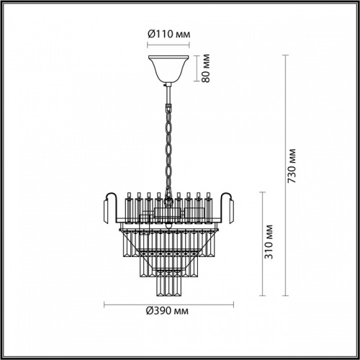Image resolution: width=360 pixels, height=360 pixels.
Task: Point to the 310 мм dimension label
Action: pyautogui.click(x=268, y=245)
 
